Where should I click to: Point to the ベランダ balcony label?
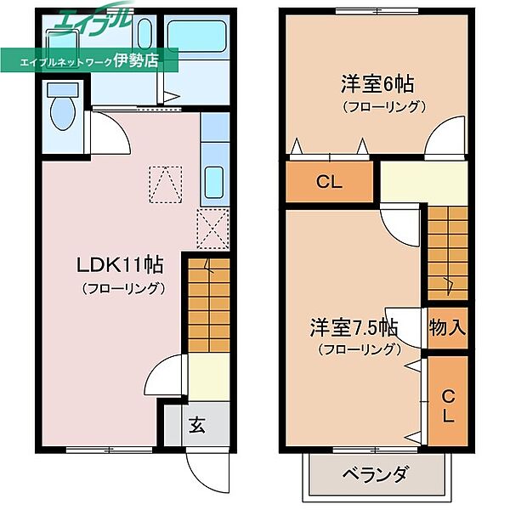[x=376, y=474]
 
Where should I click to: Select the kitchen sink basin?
[x=214, y=180]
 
